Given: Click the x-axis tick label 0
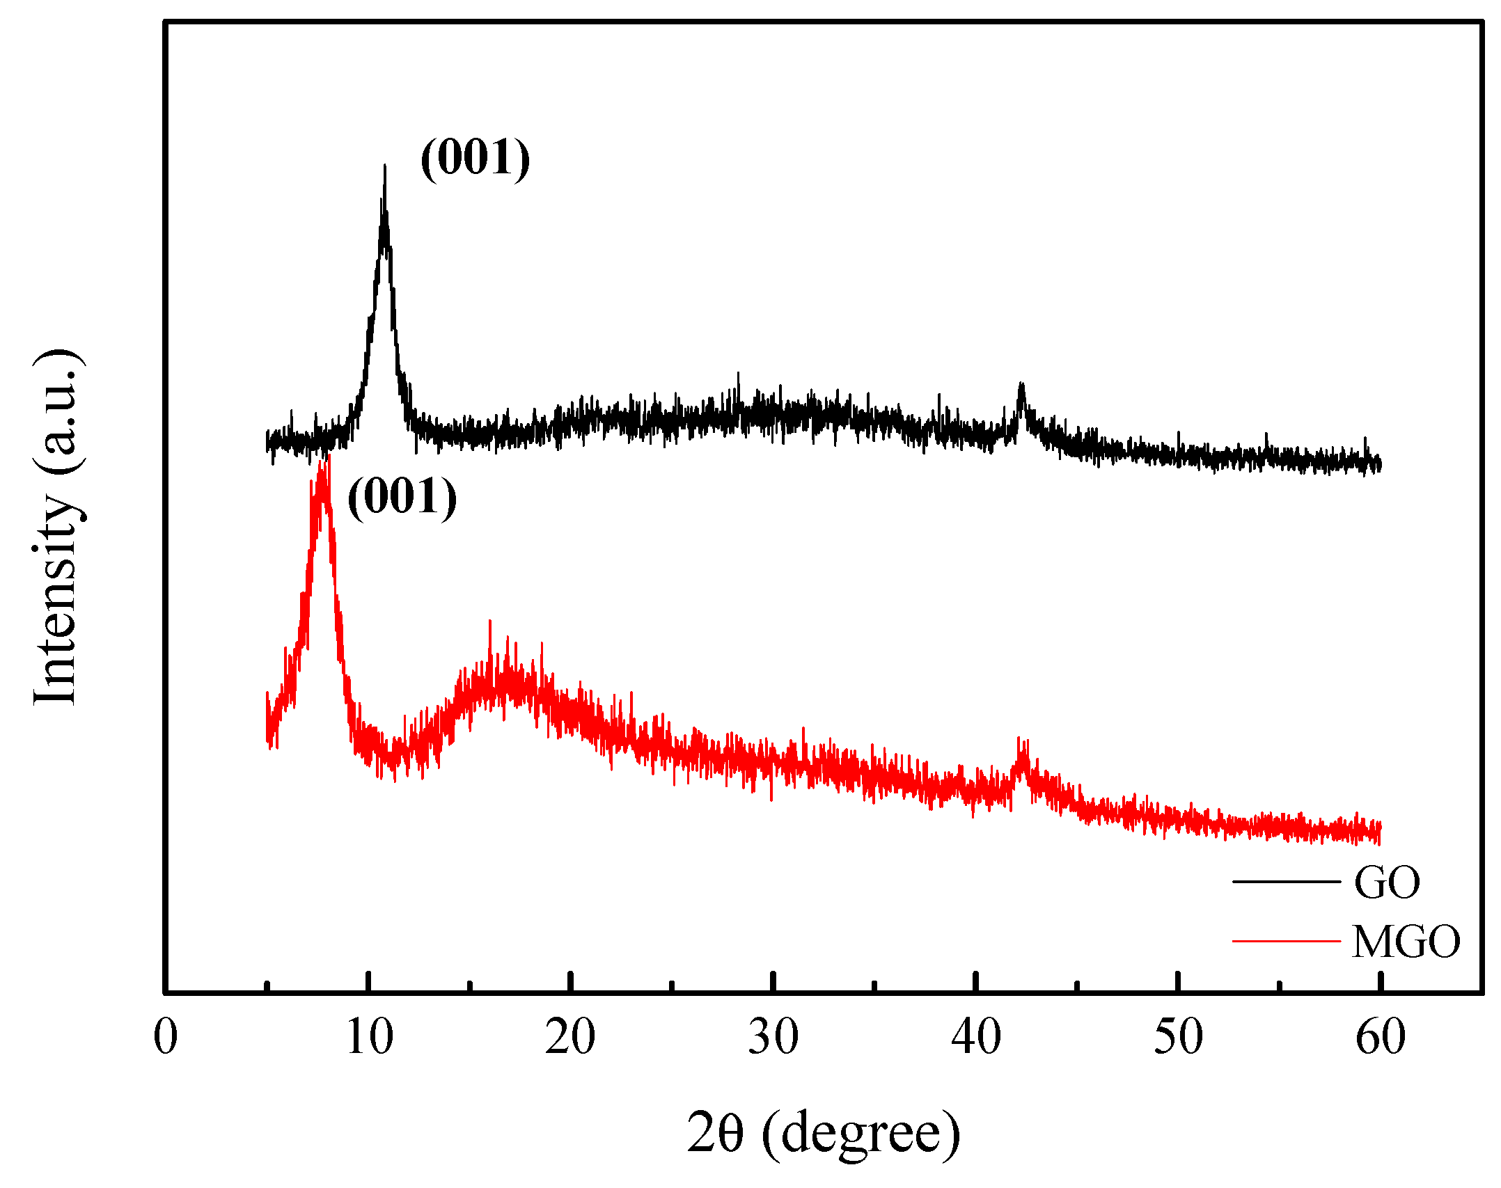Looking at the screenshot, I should point(166,1037).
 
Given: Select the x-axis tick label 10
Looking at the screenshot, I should point(369,1037).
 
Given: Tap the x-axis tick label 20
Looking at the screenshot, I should point(570,1037).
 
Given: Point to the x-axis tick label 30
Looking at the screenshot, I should point(773,1037).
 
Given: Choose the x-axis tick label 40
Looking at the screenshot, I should point(976,1037).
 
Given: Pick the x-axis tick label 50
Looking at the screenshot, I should point(1178,1037).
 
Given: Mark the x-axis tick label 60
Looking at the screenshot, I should point(1381,1037).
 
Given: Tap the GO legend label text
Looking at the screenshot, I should point(1387,883).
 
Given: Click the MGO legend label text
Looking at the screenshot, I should point(1406,942).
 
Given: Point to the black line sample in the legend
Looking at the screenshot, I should point(1286,882).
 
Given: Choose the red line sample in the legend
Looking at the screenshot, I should point(1286,941).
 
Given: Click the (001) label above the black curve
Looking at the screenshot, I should point(476,157).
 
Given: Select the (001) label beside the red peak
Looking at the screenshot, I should point(402,497).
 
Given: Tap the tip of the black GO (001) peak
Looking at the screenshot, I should point(384,167).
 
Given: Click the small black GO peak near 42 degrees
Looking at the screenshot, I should point(1021,384).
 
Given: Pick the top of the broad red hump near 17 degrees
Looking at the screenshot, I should point(490,623).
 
